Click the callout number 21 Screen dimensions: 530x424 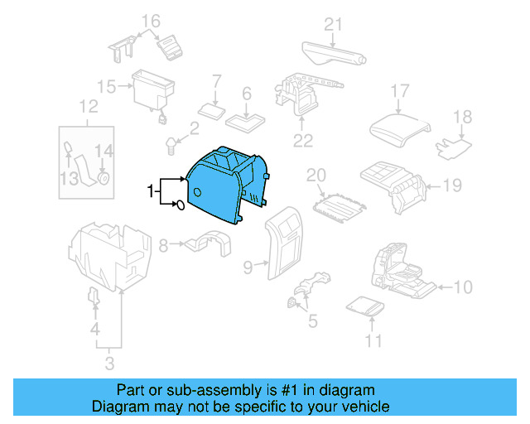point(332,25)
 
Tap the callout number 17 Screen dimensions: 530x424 point(400,91)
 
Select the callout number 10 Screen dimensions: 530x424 point(463,287)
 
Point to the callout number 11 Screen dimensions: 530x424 point(374,341)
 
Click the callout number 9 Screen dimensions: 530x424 point(248,266)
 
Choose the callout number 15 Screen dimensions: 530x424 point(106,85)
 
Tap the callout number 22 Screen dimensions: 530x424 point(302,141)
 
